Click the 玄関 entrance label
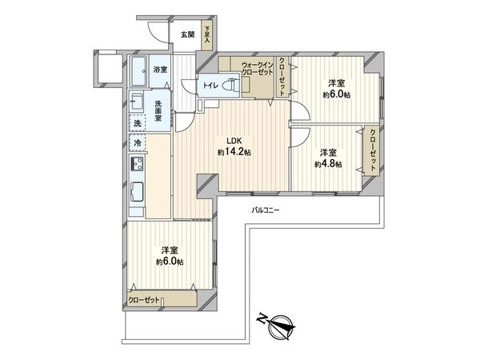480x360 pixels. coord(186,34)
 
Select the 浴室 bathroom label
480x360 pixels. coord(160,70)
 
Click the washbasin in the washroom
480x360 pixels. coord(137,102)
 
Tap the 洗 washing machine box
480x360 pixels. coord(138,123)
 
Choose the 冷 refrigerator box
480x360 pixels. coord(138,143)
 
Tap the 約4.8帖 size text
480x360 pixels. coord(328,164)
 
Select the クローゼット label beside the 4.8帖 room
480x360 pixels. coord(373,150)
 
